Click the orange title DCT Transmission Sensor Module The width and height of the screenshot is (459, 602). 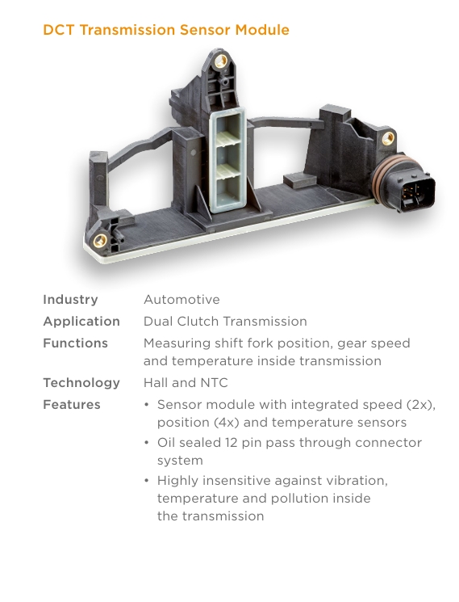pyautogui.click(x=166, y=30)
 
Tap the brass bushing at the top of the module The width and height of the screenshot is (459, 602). pyautogui.click(x=221, y=61)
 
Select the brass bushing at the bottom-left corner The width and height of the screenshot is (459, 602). pyautogui.click(x=100, y=241)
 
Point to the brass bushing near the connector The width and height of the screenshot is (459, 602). pyautogui.click(x=388, y=138)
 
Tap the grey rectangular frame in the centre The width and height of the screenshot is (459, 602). pyautogui.click(x=227, y=159)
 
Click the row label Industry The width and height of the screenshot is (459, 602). pyautogui.click(x=70, y=300)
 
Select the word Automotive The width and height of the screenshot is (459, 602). pyautogui.click(x=182, y=300)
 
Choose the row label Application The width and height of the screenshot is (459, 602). pyautogui.click(x=81, y=322)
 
